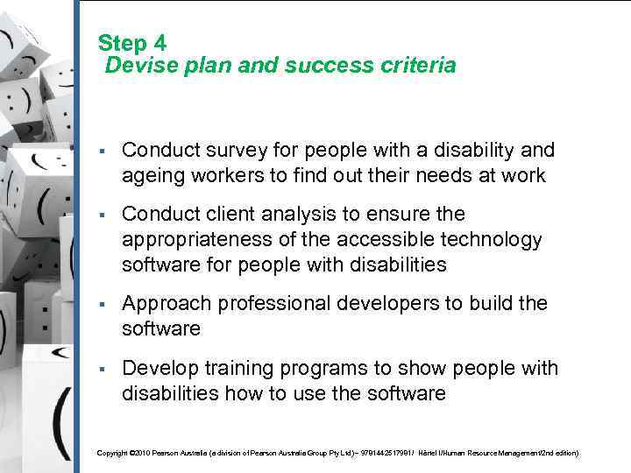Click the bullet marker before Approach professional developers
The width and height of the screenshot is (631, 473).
tap(103, 304)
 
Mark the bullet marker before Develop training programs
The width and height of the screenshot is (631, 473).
tap(103, 368)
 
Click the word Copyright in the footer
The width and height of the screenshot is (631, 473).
tap(111, 453)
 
